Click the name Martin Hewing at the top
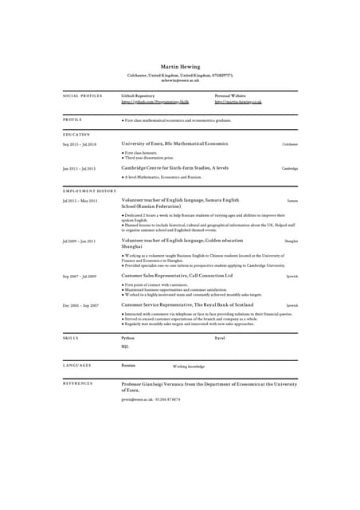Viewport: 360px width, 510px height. point(180,66)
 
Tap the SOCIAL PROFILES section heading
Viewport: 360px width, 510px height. point(82,96)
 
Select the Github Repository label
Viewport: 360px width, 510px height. point(138,96)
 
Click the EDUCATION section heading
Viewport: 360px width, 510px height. point(76,135)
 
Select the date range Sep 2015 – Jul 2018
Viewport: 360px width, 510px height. point(80,144)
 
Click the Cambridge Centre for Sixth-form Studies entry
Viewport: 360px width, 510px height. point(175,168)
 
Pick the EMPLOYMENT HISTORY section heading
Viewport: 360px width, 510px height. point(89,191)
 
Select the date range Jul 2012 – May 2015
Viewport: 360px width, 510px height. point(80,201)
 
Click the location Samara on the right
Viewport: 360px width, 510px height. point(292,201)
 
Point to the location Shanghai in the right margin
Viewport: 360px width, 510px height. point(292,241)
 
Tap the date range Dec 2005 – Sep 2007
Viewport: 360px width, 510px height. point(80,305)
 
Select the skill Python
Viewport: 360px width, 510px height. point(127,339)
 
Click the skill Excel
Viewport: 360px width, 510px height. point(221,339)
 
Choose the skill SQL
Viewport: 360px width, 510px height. point(125,347)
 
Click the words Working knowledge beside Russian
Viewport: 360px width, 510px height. point(189,366)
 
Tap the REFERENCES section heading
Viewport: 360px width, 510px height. point(78,384)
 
